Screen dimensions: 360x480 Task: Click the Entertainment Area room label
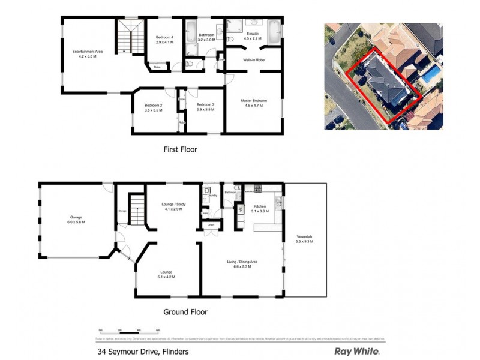coord(88,52)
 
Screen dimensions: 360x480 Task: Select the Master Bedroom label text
coord(254,100)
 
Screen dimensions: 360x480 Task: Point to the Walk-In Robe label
coord(254,61)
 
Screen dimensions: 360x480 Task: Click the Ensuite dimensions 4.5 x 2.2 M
coord(253,38)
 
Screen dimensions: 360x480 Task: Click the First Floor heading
coord(180,149)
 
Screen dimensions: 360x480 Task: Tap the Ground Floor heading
coord(185,312)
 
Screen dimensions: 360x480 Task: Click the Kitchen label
coord(260,206)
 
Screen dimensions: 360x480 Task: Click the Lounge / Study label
coord(173,205)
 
